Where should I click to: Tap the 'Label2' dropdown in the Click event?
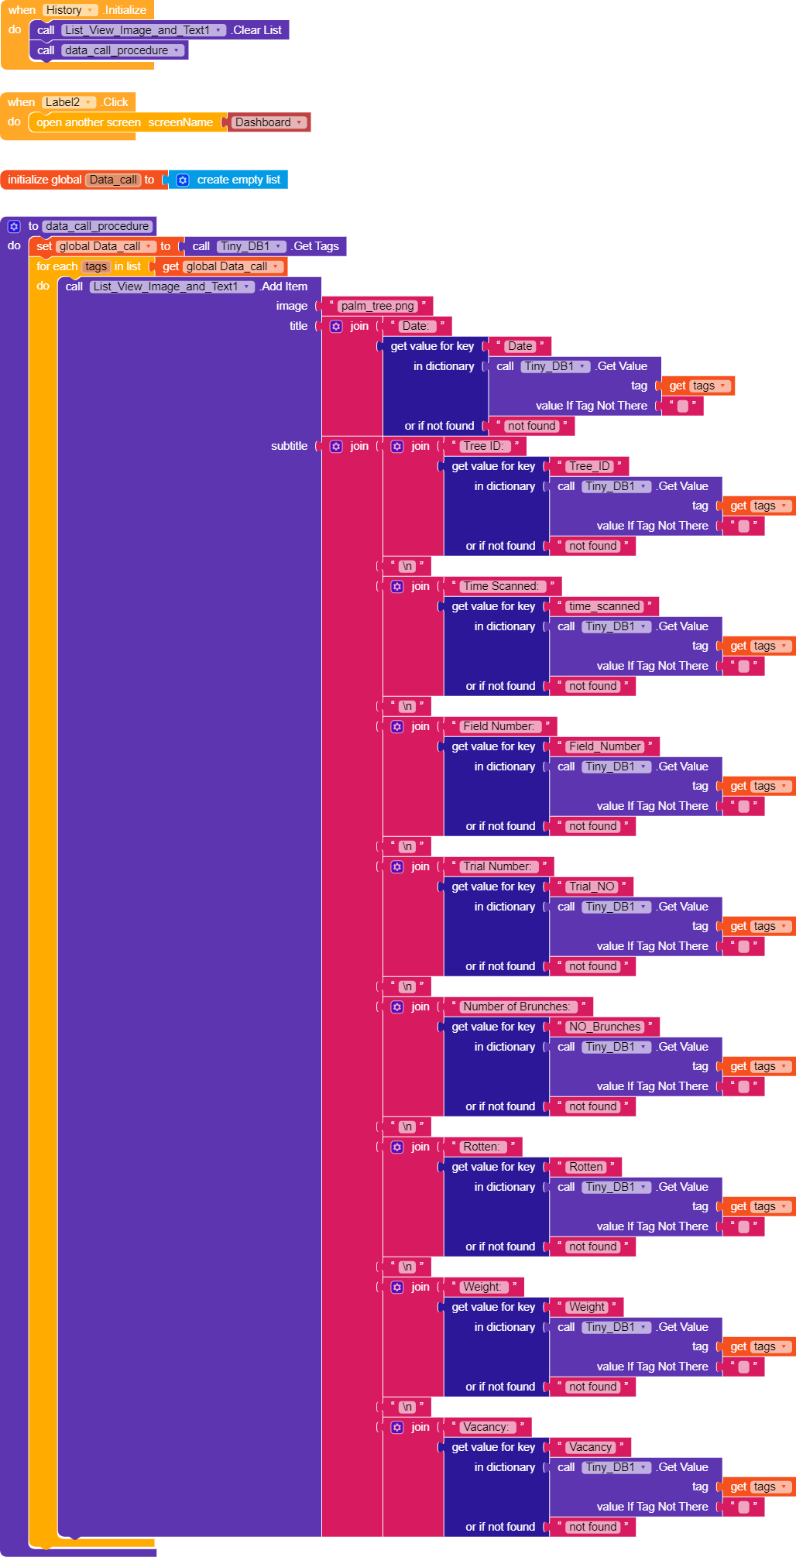pyautogui.click(x=69, y=102)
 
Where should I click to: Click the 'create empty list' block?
pyautogui.click(x=238, y=180)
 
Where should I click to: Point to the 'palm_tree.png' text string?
pyautogui.click(x=377, y=306)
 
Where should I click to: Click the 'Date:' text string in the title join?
pyautogui.click(x=415, y=326)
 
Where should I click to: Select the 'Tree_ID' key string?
pyautogui.click(x=589, y=466)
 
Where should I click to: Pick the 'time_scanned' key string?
pyautogui.click(x=604, y=606)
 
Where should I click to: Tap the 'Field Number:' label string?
pyautogui.click(x=499, y=726)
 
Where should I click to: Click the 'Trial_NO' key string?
pyautogui.click(x=592, y=887)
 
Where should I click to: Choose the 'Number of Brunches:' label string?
pyautogui.click(x=516, y=1007)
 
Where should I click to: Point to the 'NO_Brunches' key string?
pyautogui.click(x=605, y=1027)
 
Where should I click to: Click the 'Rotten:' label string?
pyautogui.click(x=481, y=1147)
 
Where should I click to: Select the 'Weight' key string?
pyautogui.click(x=587, y=1307)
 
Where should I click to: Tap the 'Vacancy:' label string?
pyautogui.click(x=485, y=1427)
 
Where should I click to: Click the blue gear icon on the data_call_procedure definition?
pyautogui.click(x=14, y=226)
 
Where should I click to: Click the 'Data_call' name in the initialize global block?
pyautogui.click(x=113, y=180)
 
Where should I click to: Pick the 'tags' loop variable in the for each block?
pyautogui.click(x=96, y=266)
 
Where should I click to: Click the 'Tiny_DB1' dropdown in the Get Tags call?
pyautogui.click(x=250, y=246)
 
